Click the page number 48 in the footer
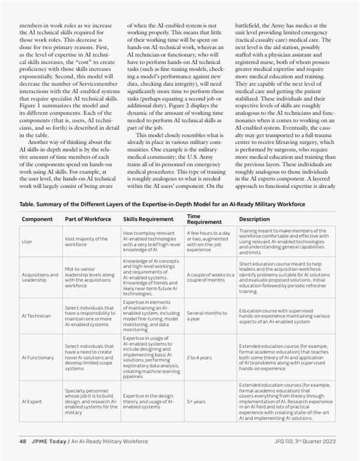[x=23, y=441]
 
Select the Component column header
[x=38, y=219]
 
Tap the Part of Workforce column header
[x=88, y=219]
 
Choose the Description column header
[x=254, y=219]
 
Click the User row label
[x=27, y=242]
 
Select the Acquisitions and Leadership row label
[x=40, y=277]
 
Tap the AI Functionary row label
[x=38, y=357]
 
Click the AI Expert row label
[x=31, y=401]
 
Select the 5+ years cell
[x=196, y=401]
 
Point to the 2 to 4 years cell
[x=200, y=357]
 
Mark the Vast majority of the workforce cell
[x=86, y=242]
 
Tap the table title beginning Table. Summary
[x=162, y=204]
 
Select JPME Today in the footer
[x=49, y=441]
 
